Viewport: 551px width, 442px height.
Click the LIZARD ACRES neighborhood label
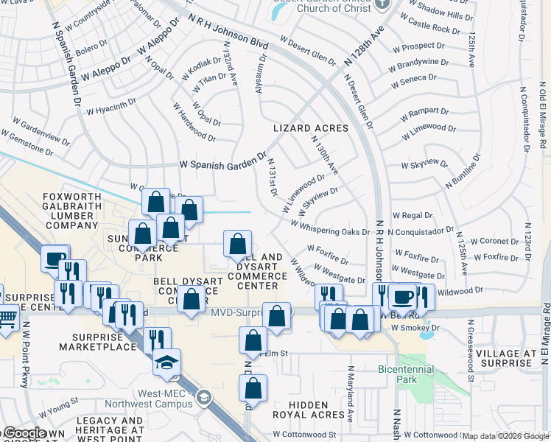(x=310, y=128)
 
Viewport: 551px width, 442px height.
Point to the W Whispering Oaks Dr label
(x=330, y=228)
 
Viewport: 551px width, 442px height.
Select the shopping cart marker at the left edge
(x=6, y=319)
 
